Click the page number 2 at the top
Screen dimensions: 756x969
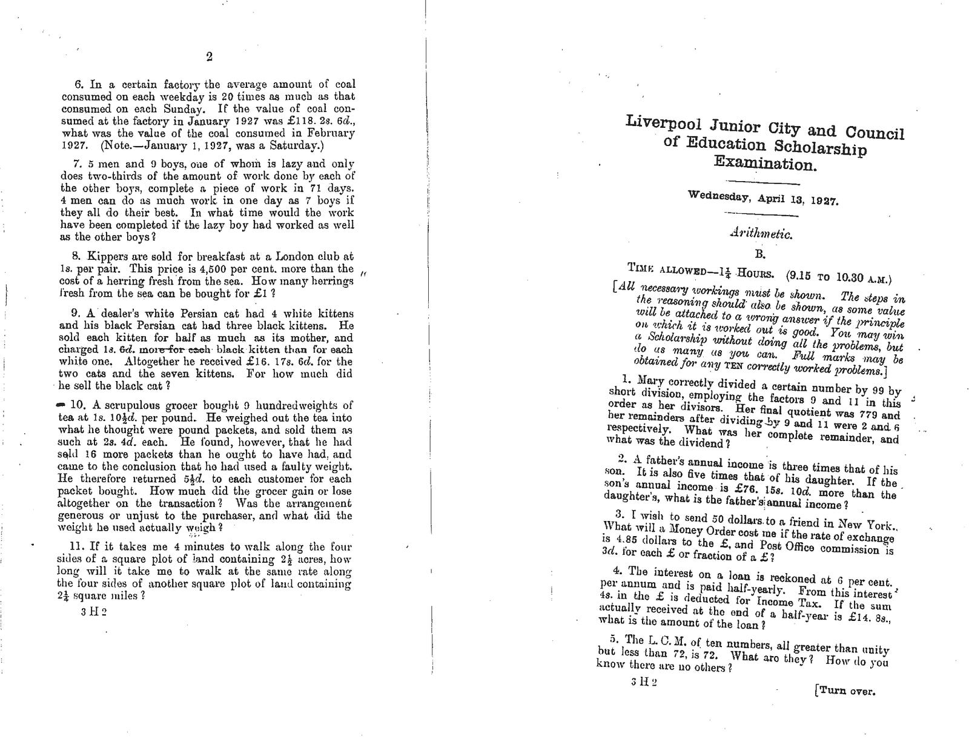pyautogui.click(x=209, y=57)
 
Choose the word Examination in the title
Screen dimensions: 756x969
pyautogui.click(x=764, y=163)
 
